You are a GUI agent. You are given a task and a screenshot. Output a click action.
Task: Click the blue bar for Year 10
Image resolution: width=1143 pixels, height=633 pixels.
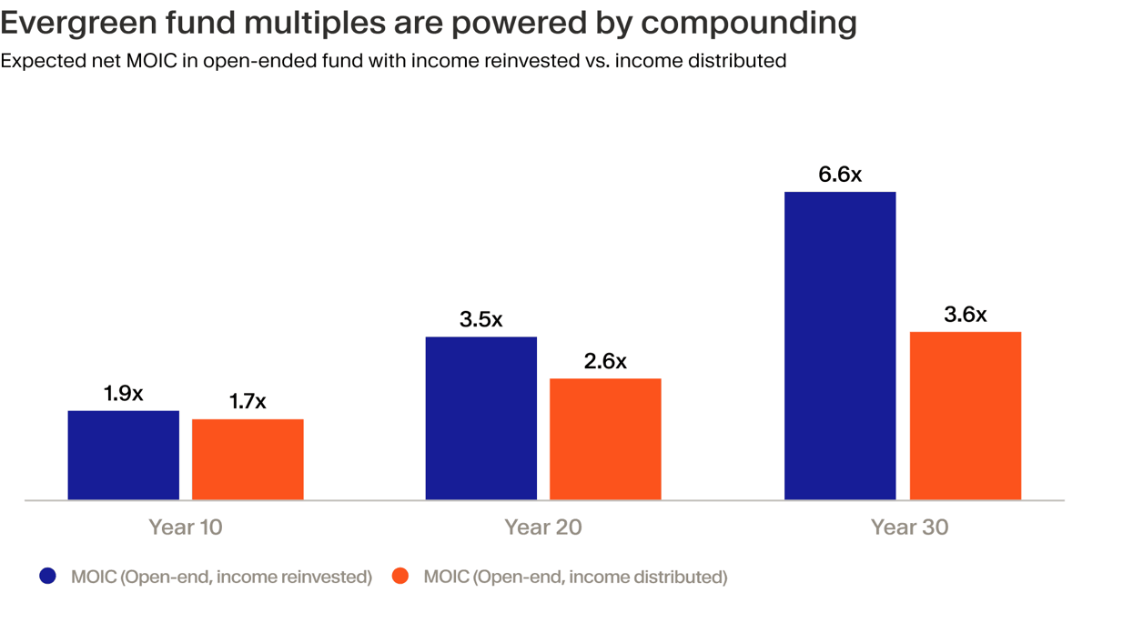[123, 455]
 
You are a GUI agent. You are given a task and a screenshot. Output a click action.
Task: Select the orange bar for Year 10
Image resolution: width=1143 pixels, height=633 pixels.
[248, 459]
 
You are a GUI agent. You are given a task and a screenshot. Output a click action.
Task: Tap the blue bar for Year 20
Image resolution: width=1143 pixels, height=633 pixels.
[481, 418]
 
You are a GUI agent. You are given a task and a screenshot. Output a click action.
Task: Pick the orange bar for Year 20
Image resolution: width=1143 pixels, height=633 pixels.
[605, 439]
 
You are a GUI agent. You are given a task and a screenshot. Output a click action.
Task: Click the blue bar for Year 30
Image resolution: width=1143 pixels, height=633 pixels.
[840, 346]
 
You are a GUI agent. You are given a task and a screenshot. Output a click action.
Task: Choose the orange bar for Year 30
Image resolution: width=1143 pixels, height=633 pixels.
[966, 416]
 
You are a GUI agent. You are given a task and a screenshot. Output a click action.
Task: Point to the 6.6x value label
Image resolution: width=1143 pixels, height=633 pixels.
[840, 175]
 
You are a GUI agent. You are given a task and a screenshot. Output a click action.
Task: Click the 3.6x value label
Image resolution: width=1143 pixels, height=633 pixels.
[966, 315]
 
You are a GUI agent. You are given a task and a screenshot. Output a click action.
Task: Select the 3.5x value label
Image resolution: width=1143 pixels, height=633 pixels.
[481, 320]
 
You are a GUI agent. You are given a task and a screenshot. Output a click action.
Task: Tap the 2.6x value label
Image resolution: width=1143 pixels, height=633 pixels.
[605, 362]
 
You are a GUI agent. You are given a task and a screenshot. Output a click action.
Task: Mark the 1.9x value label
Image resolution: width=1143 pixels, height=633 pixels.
[123, 394]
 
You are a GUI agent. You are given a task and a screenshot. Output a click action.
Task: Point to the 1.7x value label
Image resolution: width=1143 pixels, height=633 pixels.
[248, 402]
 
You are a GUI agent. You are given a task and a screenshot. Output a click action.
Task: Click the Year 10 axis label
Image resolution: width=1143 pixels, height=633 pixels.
[186, 527]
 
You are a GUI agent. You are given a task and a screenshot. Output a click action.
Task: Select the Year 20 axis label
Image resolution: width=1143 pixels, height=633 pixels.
[543, 527]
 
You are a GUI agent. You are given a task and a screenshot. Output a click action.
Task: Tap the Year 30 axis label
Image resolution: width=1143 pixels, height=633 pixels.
[909, 527]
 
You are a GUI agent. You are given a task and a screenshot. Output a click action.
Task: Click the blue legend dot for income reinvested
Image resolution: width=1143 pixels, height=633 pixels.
[48, 576]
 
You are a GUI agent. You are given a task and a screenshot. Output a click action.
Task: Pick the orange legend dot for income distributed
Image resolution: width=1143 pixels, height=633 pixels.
[400, 576]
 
